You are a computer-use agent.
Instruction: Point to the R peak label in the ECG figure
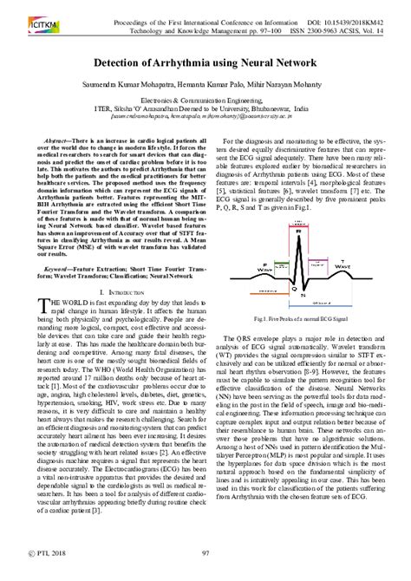[x=298, y=232]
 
